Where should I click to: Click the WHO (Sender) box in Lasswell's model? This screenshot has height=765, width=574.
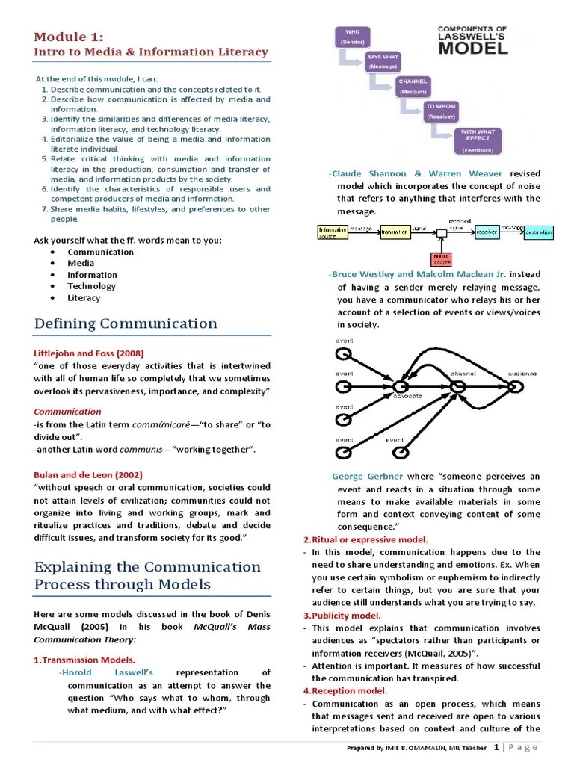tap(351, 37)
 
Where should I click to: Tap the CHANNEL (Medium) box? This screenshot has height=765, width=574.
tap(413, 86)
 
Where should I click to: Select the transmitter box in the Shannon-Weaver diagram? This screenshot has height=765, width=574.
tap(395, 232)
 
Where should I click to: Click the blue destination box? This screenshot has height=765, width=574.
tap(538, 232)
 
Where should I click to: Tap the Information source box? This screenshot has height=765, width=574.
tap(333, 232)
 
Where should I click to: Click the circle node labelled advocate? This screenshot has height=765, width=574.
tap(400, 386)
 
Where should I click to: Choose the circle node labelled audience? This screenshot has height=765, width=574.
tap(514, 386)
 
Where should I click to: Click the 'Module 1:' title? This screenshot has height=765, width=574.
tap(69, 37)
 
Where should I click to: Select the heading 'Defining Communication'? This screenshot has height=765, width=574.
tap(126, 323)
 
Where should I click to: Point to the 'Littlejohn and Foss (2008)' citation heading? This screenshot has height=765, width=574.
tap(89, 353)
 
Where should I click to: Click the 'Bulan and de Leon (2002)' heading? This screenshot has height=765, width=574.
tap(88, 474)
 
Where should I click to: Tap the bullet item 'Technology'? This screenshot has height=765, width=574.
tap(91, 286)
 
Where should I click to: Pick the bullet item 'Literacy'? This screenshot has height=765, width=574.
tap(84, 297)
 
